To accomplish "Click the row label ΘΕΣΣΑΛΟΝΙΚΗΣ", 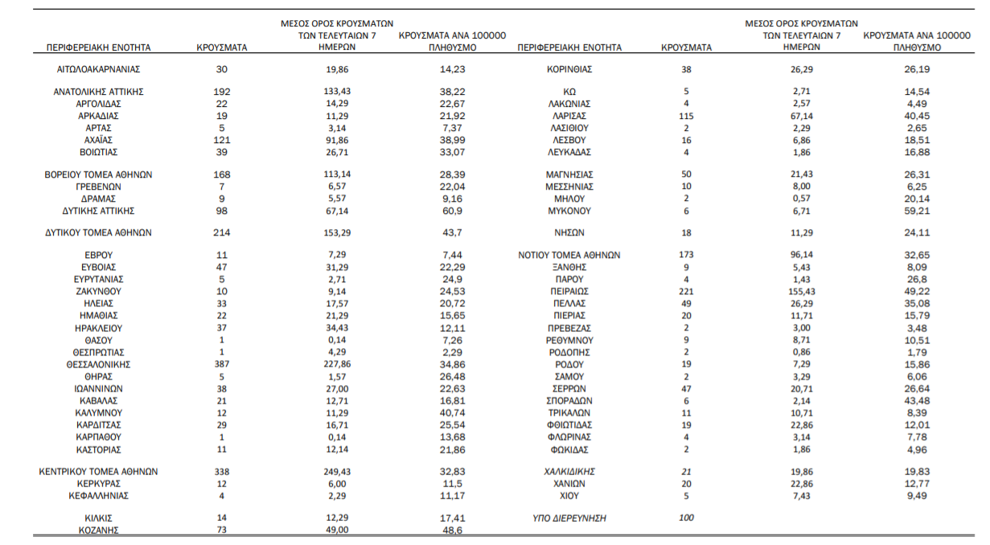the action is (99, 364).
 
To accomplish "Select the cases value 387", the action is (221, 364).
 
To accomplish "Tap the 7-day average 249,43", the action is (337, 472).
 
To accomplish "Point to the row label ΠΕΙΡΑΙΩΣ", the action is (569, 292).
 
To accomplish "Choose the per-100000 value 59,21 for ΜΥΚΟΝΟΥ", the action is (917, 211).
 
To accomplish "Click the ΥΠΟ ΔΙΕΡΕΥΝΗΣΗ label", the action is (569, 518).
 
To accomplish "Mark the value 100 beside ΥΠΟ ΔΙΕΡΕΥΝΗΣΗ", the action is (686, 518).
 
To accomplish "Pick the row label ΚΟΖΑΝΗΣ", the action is (99, 530).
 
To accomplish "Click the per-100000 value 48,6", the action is (452, 530).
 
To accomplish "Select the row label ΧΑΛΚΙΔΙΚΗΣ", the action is (569, 472).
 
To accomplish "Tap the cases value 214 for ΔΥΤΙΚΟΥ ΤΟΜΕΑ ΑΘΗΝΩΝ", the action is (221, 232).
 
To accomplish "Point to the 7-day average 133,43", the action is (337, 91).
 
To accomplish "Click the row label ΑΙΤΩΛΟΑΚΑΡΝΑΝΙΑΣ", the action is (99, 69).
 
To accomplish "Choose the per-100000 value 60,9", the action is (452, 211).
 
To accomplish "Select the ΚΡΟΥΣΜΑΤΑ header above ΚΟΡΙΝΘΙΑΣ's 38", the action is (686, 47).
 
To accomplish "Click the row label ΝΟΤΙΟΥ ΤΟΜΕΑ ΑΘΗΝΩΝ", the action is (569, 255).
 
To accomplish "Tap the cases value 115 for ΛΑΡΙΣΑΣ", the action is (686, 116).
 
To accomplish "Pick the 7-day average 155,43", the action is (801, 292).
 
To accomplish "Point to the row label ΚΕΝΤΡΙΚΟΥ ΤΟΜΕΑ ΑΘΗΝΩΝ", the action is (99, 472).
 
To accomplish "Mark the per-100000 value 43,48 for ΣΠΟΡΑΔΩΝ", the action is (917, 400).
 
